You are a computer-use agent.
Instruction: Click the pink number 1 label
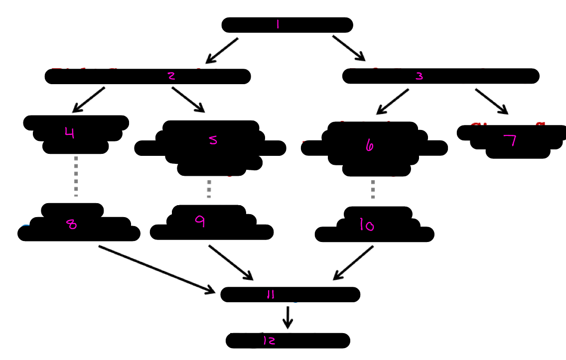tap(278, 25)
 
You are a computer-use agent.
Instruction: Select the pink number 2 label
tap(171, 76)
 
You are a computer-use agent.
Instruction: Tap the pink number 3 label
tap(419, 76)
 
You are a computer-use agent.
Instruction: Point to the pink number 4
tap(69, 133)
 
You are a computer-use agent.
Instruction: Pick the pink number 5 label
tap(213, 140)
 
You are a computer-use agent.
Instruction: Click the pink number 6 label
tap(369, 145)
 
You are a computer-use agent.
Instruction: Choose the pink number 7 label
tap(510, 141)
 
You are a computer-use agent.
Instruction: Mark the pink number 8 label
tap(72, 225)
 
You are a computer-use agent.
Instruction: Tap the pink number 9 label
tap(200, 222)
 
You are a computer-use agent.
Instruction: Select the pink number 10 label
tap(367, 226)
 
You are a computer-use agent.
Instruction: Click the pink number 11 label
tap(271, 295)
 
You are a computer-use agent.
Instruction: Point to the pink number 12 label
tap(269, 341)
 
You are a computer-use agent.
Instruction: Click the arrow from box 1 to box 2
tap(222, 51)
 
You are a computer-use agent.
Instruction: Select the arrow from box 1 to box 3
tap(349, 48)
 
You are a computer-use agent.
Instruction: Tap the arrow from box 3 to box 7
tap(491, 102)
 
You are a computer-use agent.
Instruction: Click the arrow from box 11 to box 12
tap(287, 317)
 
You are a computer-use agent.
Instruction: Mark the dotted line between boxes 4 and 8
tap(76, 176)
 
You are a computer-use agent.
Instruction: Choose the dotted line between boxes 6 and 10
tap(373, 189)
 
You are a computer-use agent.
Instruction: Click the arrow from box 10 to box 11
tap(353, 262)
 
